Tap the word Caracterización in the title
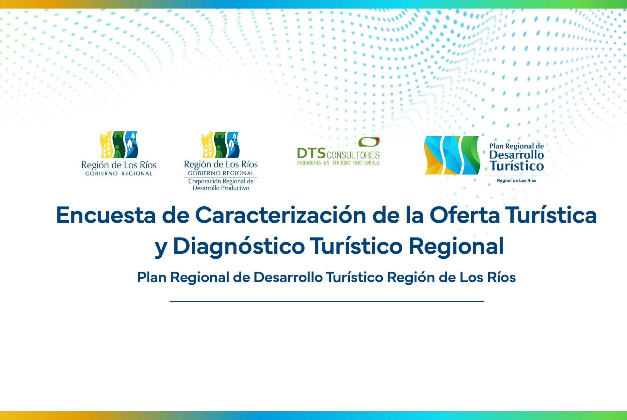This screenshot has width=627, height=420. pos(281,215)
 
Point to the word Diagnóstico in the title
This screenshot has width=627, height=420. pos(238,246)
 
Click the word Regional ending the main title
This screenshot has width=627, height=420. pos(456,246)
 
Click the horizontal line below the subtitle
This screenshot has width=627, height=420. pos(327,302)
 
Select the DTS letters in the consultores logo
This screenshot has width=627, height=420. pos(311,153)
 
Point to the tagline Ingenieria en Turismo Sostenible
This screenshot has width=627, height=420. pos(338,163)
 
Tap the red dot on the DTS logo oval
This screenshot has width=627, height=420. pos(378,140)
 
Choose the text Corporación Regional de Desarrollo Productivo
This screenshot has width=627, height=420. pos(221,185)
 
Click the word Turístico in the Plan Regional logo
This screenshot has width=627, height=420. pos(517,166)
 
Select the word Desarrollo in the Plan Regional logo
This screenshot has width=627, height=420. pos(516,155)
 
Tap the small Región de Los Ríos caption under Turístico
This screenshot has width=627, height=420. pos(517,180)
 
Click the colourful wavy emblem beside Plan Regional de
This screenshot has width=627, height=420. pos(452,155)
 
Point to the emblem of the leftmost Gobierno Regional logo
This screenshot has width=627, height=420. pos(119,145)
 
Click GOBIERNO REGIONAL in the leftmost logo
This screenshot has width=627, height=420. pos(119,174)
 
